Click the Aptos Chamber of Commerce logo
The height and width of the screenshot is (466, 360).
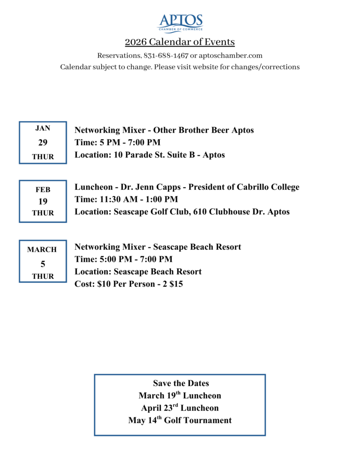180,23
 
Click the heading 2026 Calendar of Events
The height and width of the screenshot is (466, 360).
180,42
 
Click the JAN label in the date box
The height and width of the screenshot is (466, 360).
43,128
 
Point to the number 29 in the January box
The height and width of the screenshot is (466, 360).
43,142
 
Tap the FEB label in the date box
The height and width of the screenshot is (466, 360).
43,189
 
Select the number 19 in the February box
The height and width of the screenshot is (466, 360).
43,201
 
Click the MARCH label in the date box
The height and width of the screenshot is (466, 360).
42,249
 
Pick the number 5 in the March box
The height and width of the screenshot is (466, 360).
43,263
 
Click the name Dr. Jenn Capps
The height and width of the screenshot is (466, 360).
151,187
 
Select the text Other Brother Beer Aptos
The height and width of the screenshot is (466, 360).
203,130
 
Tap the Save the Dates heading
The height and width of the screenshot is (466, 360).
181,383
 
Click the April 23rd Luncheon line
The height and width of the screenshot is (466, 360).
180,408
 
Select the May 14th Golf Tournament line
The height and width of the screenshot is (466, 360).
180,420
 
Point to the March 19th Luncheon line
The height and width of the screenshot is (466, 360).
180,395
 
